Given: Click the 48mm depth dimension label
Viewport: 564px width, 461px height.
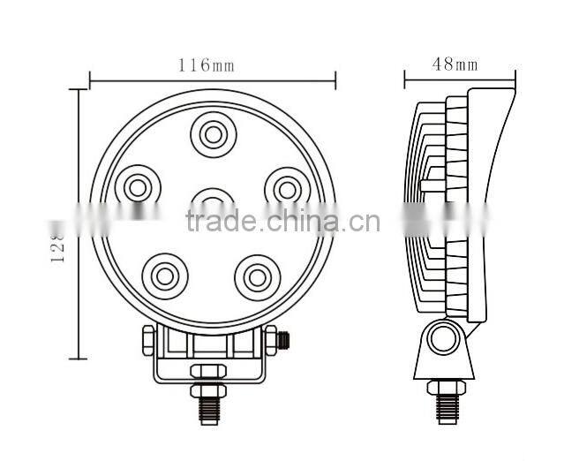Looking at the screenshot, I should (455, 64).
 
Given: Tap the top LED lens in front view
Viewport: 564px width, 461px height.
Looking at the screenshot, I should (212, 134).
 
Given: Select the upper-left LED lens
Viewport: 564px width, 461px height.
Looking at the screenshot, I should (137, 186).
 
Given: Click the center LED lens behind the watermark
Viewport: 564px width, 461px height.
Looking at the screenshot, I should (211, 201).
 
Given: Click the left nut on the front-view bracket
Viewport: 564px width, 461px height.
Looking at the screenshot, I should (148, 338).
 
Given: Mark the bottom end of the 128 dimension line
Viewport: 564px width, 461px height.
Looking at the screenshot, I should (79, 358).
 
